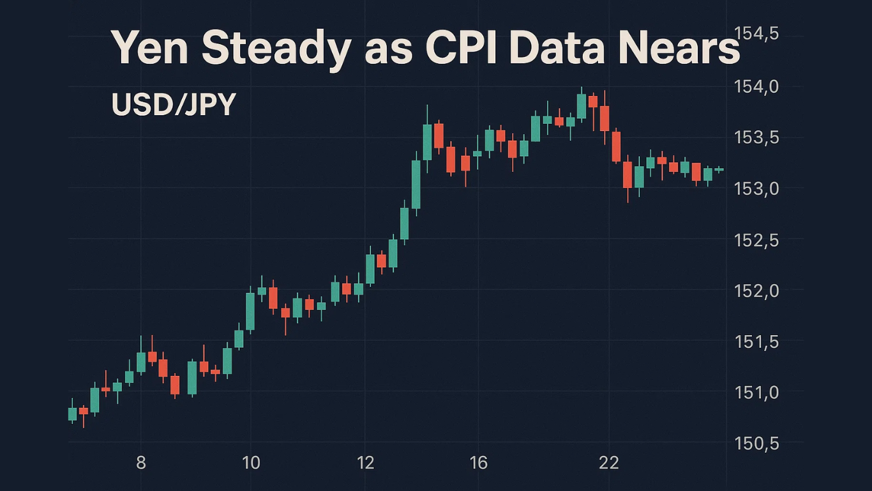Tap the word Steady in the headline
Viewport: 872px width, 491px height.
276,49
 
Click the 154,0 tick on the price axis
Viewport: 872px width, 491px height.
756,86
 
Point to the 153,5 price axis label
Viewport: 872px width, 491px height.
756,137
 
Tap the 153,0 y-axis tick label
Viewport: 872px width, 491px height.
756,189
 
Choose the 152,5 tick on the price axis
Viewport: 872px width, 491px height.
756,240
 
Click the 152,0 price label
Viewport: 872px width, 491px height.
756,290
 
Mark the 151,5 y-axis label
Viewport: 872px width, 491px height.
756,341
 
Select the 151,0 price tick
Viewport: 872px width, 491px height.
756,392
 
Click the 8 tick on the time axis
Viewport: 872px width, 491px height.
141,463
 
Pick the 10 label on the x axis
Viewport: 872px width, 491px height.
252,463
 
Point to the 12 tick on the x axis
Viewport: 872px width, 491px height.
366,463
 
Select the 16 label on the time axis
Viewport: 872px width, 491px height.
478,463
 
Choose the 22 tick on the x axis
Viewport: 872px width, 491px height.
610,463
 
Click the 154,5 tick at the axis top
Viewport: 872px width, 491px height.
756,33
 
